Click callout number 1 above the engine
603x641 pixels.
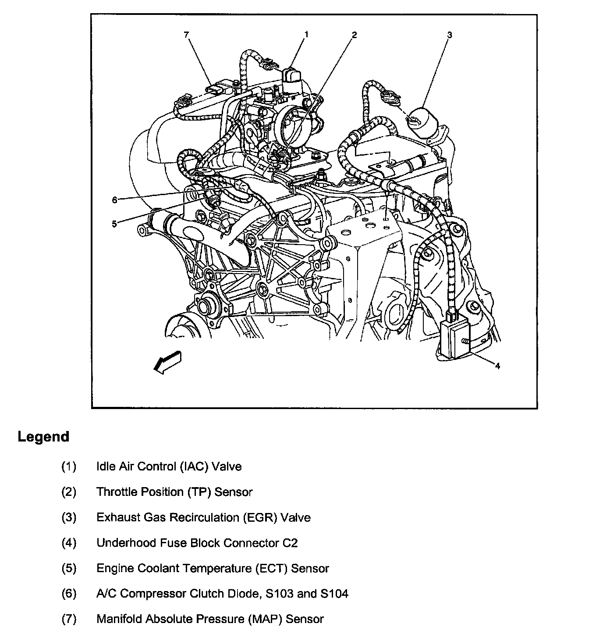306,34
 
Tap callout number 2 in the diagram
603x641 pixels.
354,35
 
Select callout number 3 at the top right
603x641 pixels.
450,35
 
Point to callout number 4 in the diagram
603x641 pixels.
497,366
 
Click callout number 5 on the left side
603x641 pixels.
114,224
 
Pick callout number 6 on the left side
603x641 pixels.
114,200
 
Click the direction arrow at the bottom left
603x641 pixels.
167,362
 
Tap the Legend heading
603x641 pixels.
43,437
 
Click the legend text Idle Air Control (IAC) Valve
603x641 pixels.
169,466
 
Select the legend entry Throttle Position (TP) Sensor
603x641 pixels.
174,492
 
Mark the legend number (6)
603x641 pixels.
69,594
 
